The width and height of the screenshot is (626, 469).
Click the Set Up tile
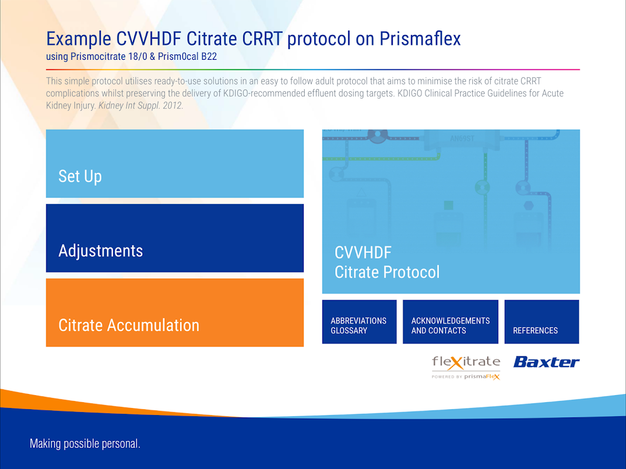pos(175,164)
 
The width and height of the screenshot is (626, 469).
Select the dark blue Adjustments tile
pos(175,238)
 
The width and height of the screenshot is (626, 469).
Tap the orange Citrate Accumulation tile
pos(175,312)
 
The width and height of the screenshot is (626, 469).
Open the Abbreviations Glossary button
pos(359,322)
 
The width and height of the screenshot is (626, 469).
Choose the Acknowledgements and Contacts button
pos(450,322)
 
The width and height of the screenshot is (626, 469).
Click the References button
pos(542,322)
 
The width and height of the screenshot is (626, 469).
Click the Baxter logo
pos(546,362)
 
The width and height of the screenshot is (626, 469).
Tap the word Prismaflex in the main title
pos(420,39)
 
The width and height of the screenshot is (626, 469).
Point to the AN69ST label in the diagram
pos(462,139)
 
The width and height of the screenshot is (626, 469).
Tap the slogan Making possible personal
pos(85,444)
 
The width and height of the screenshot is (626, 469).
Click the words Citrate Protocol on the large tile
pos(387,272)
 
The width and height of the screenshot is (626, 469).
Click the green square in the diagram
pos(449,205)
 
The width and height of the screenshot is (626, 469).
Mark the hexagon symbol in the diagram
pos(529,206)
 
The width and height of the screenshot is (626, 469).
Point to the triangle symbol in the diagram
pos(361,193)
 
